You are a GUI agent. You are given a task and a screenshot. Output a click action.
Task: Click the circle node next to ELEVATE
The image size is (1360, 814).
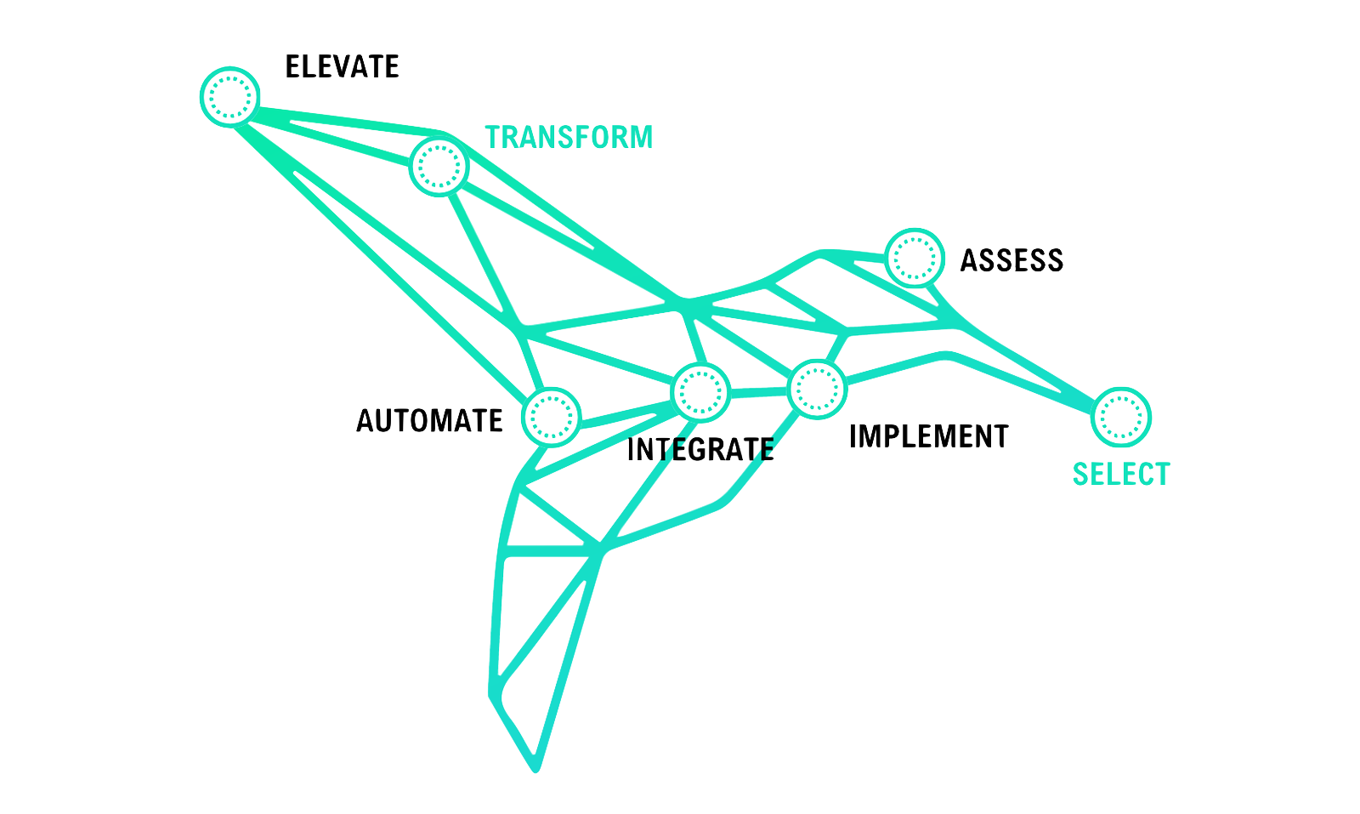229,94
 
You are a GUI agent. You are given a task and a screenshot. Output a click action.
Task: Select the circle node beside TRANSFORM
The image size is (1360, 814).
439,166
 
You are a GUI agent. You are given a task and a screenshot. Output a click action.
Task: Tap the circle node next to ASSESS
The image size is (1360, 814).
915,257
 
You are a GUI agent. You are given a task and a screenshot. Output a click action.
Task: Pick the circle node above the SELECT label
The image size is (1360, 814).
1120,417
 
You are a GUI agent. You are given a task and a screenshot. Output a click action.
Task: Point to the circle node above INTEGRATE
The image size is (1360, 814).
701,390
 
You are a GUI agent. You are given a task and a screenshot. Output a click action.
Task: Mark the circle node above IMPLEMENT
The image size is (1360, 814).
819,388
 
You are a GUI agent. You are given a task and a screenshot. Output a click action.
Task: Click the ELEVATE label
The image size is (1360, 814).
342,67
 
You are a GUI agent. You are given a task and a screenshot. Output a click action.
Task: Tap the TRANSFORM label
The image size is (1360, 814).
569,137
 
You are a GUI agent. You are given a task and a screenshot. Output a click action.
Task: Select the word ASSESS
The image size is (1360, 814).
1011,260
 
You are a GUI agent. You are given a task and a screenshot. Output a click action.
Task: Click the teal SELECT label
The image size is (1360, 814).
1121,474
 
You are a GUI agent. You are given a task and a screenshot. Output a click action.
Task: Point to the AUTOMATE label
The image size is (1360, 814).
429,420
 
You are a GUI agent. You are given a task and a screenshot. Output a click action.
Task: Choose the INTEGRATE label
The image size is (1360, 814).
700,448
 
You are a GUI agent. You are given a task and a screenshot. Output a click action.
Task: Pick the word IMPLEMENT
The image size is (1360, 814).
929,435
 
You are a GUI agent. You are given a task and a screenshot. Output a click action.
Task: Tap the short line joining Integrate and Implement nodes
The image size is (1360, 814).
760,392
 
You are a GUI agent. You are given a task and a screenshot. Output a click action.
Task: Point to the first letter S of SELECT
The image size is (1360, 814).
1080,474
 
